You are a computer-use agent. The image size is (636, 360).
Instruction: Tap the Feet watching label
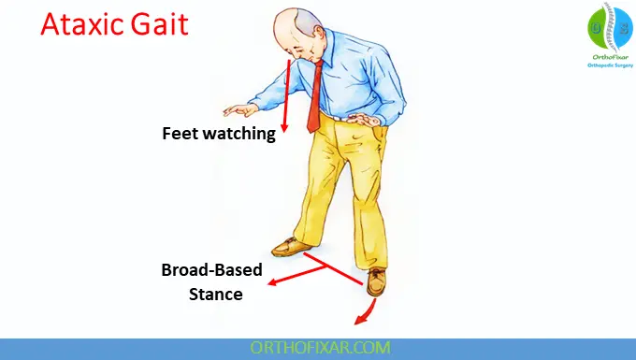(219, 133)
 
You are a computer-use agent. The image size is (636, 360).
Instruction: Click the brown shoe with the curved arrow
(377, 280)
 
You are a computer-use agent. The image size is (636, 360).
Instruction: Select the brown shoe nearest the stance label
(293, 247)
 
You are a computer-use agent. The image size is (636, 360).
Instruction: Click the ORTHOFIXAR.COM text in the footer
(318, 348)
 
